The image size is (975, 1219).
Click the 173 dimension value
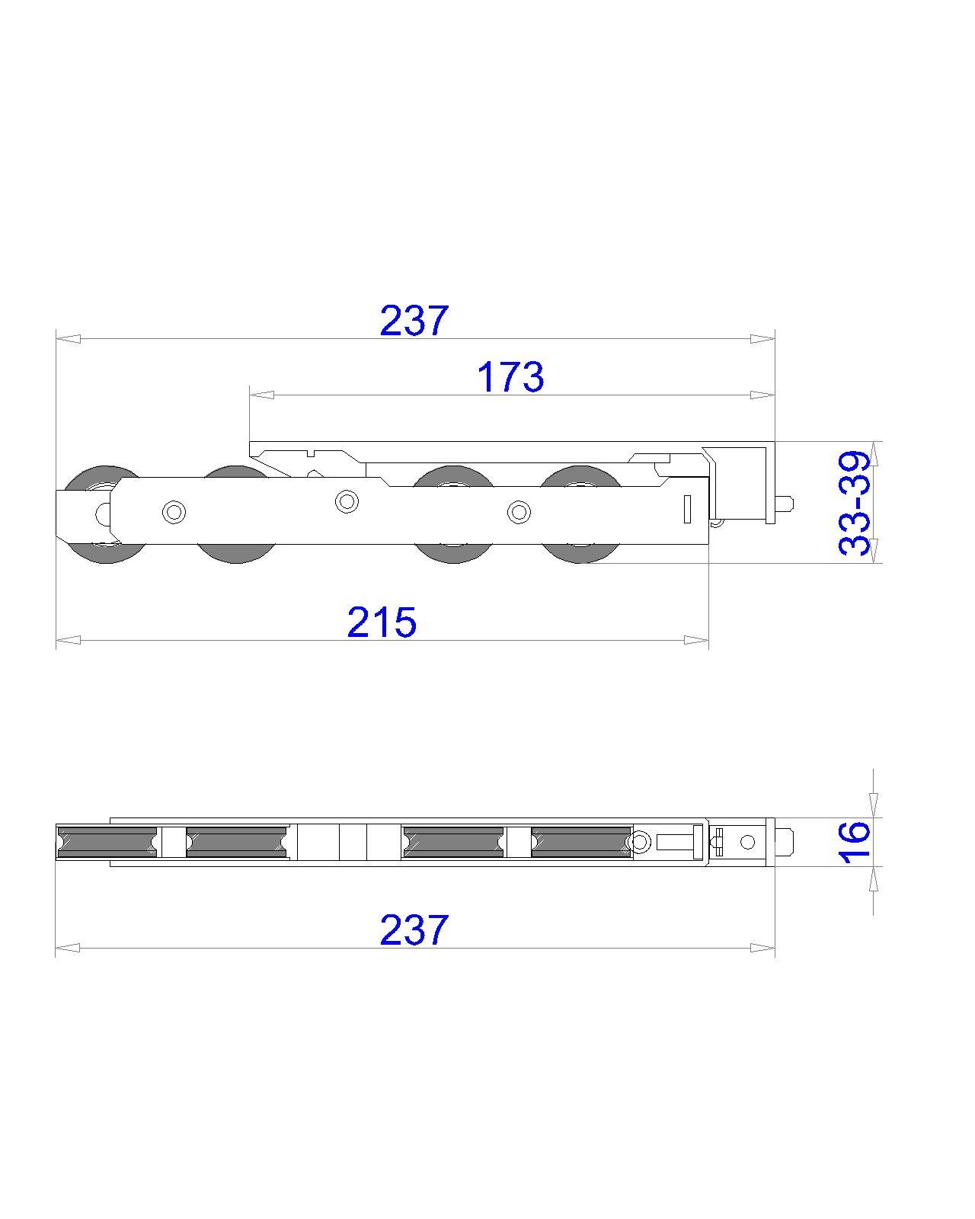point(510,376)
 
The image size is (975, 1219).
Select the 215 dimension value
point(382,622)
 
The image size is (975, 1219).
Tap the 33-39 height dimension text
point(855,503)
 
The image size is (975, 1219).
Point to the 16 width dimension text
point(855,841)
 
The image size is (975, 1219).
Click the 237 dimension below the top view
point(414,930)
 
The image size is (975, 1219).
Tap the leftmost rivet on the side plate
point(174,512)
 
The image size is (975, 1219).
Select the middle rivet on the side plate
point(347,501)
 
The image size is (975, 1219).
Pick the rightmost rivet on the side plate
point(519,512)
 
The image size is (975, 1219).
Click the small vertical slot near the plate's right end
point(686,508)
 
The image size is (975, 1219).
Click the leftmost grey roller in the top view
point(107,842)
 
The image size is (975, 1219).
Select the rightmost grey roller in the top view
point(581,842)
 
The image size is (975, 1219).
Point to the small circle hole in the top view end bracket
point(747,842)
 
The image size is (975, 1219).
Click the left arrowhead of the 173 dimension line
point(261,395)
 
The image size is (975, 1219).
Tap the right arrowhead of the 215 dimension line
point(697,640)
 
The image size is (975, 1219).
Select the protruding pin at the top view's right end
point(785,842)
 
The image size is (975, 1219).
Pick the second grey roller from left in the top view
point(237,842)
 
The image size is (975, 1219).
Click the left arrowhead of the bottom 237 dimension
point(67,948)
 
